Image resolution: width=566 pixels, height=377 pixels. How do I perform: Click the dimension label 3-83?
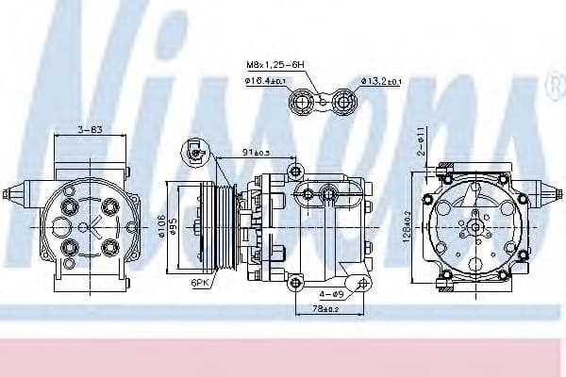tap(91, 129)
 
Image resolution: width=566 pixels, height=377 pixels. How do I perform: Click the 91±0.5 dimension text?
tap(255, 152)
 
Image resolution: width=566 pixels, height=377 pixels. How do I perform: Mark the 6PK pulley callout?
tap(200, 281)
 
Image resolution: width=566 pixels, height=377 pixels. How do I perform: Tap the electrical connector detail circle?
tap(196, 150)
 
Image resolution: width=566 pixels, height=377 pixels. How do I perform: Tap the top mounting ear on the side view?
tap(296, 171)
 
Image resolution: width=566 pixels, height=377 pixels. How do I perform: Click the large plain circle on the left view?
tap(60, 226)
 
